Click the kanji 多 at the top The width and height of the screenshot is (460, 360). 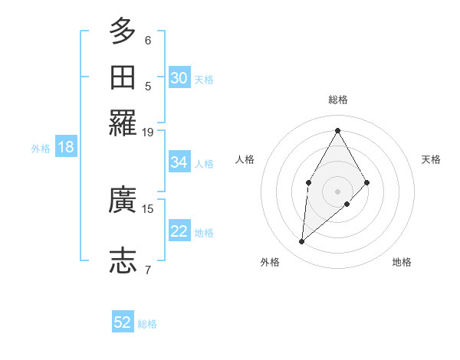click(x=123, y=32)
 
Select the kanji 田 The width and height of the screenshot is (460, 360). click(x=123, y=77)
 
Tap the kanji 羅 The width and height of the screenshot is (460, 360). click(x=123, y=123)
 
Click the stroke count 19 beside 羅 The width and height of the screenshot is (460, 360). click(x=148, y=132)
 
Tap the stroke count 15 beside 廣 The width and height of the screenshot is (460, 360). click(x=148, y=208)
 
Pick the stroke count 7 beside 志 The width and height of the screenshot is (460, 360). click(x=148, y=269)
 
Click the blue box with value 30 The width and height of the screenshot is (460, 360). click(x=179, y=78)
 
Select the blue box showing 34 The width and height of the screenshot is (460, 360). click(x=179, y=162)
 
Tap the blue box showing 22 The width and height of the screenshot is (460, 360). click(x=179, y=231)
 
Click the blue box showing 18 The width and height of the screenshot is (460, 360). click(x=66, y=148)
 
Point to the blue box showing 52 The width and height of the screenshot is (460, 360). click(x=123, y=323)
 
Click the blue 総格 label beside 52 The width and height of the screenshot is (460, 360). click(x=147, y=324)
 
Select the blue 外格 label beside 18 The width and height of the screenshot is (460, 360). click(x=41, y=149)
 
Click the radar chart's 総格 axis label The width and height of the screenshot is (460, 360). click(x=337, y=100)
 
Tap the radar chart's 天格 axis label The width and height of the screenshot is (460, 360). click(x=431, y=159)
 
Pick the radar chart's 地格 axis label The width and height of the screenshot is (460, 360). click(x=402, y=262)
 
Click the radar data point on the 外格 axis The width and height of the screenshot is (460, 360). click(x=302, y=242)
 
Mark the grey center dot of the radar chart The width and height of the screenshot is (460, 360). click(x=337, y=190)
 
